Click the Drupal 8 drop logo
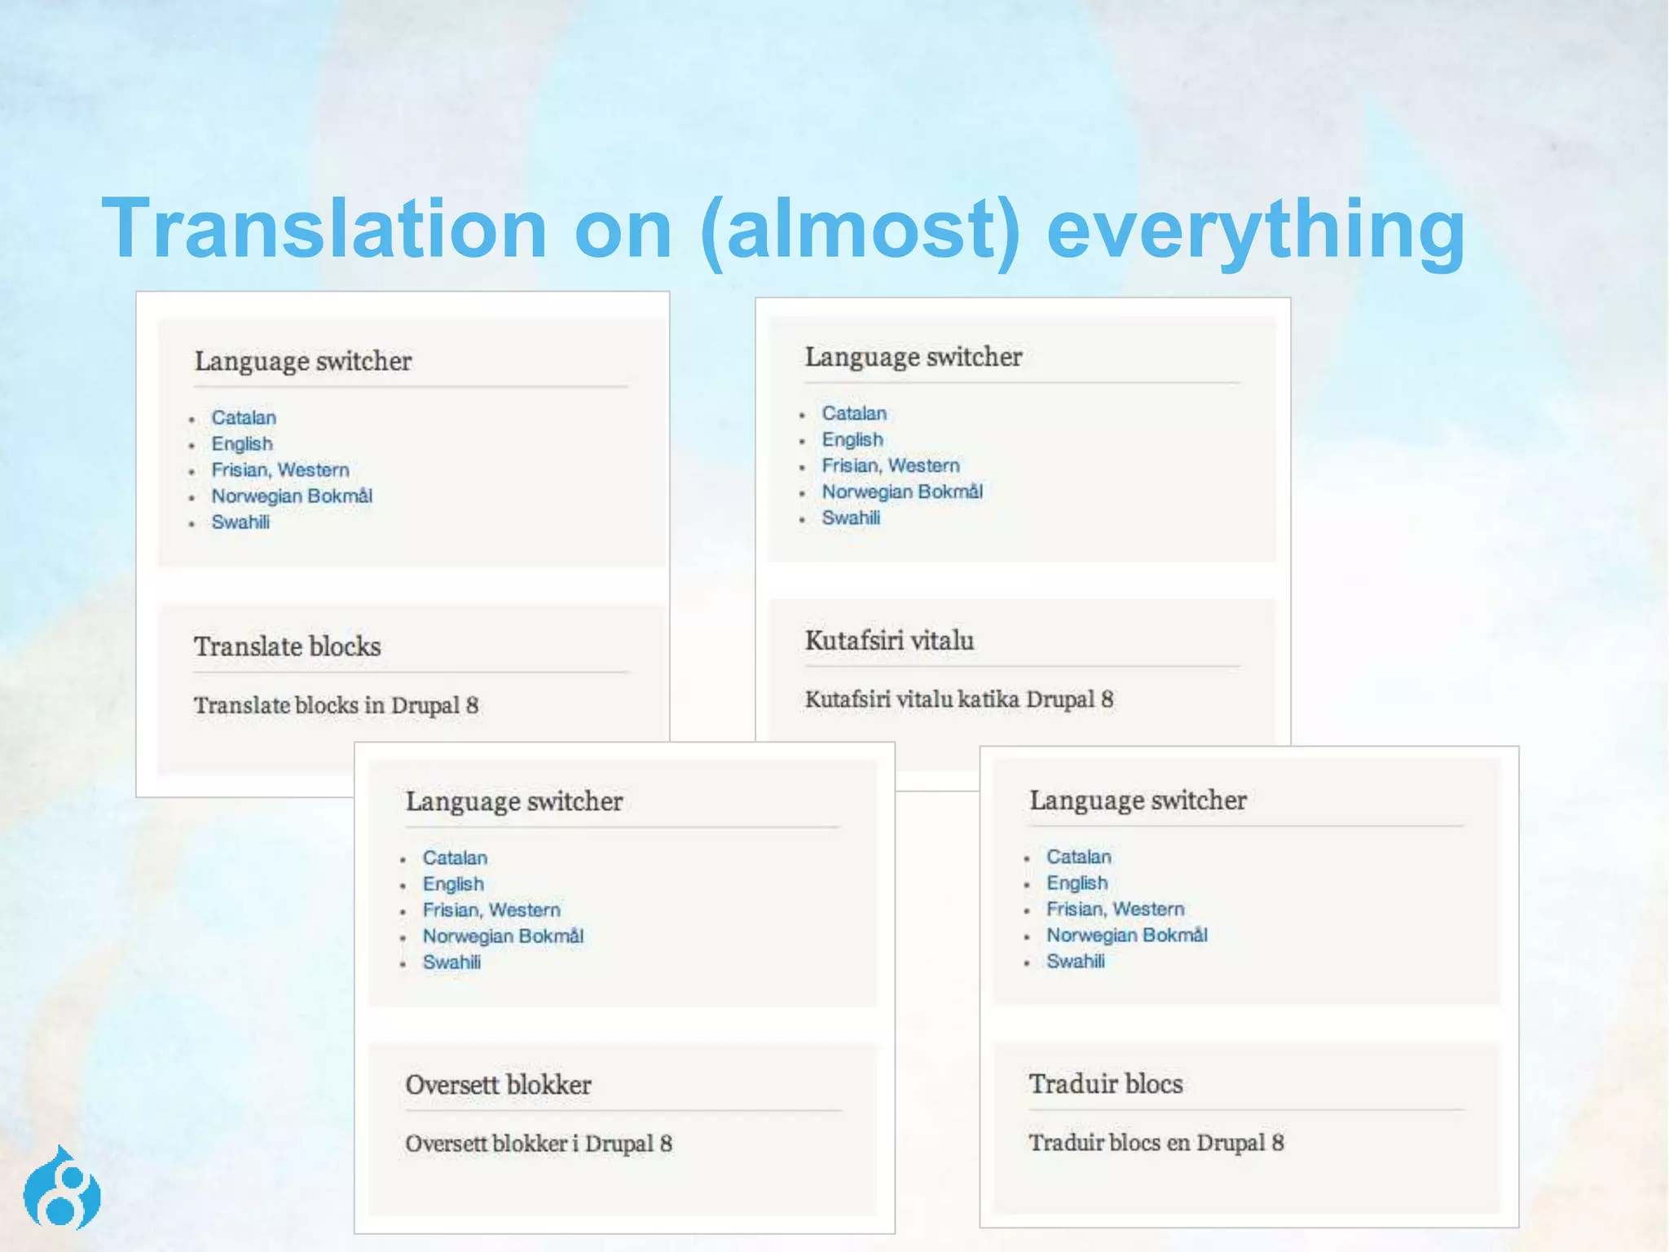point(62,1190)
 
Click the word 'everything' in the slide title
point(1255,230)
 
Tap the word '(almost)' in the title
point(860,230)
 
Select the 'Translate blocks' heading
point(287,646)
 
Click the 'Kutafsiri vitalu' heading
point(889,641)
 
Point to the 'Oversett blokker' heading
point(498,1085)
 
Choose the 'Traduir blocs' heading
point(1105,1084)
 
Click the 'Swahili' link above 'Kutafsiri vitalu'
point(851,518)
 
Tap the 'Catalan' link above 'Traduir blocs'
point(1078,857)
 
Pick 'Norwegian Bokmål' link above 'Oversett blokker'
point(503,937)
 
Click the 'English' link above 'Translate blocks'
point(242,444)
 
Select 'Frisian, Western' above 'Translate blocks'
point(280,470)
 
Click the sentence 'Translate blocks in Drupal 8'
point(336,705)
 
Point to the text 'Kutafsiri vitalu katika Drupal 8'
point(958,699)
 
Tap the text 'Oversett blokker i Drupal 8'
point(539,1144)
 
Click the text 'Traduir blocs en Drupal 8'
point(1156,1143)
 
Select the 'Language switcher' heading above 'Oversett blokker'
point(514,801)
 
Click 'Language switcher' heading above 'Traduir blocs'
point(1138,800)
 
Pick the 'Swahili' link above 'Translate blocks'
point(240,522)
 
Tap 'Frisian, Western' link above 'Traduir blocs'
point(1115,909)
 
